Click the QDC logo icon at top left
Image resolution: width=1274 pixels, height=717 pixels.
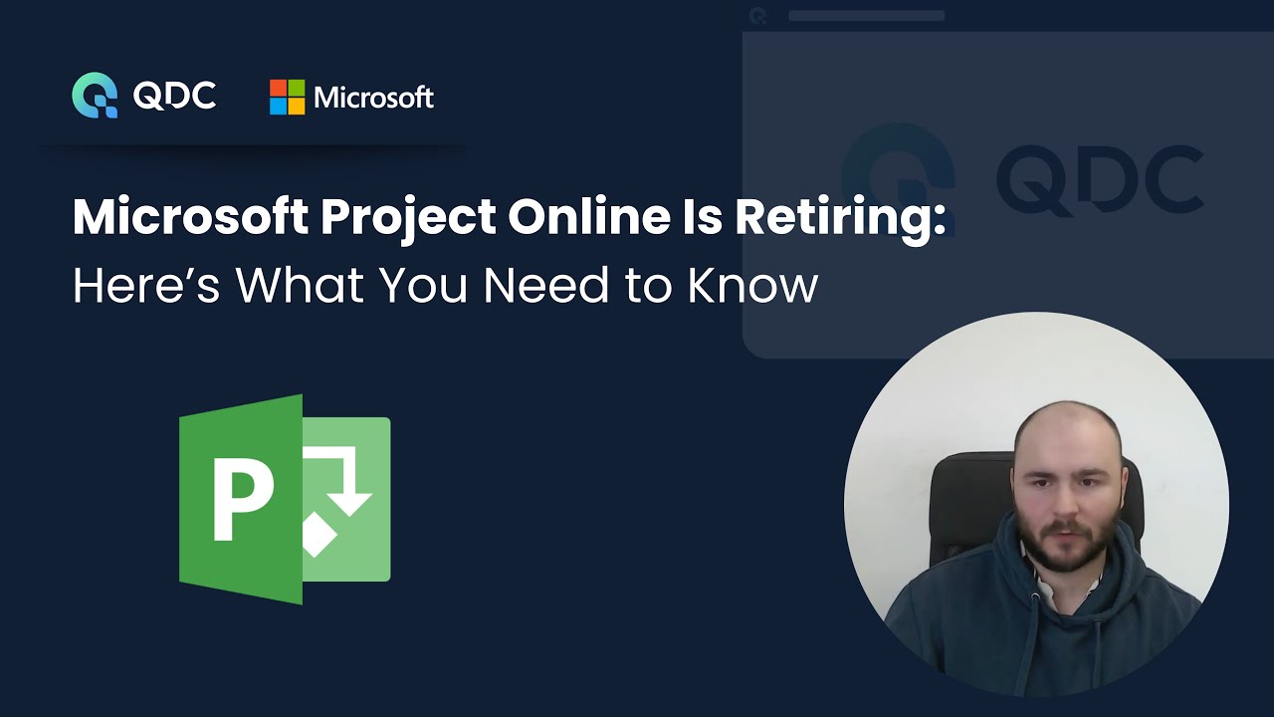click(x=95, y=96)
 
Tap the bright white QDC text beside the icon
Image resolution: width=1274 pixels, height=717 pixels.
click(x=174, y=96)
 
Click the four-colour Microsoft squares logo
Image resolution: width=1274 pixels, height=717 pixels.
click(x=287, y=97)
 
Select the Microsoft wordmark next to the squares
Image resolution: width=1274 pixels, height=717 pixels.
click(x=373, y=98)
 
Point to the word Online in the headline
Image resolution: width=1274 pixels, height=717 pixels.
click(x=585, y=218)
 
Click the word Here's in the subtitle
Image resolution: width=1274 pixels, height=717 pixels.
click(x=144, y=286)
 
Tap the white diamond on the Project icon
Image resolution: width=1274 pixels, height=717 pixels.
click(x=320, y=536)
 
